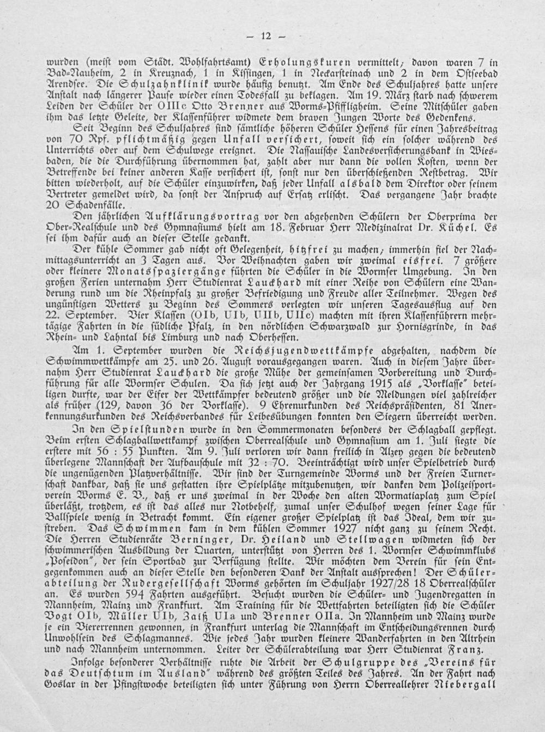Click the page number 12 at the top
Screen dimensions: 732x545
pyautogui.click(x=266, y=36)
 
